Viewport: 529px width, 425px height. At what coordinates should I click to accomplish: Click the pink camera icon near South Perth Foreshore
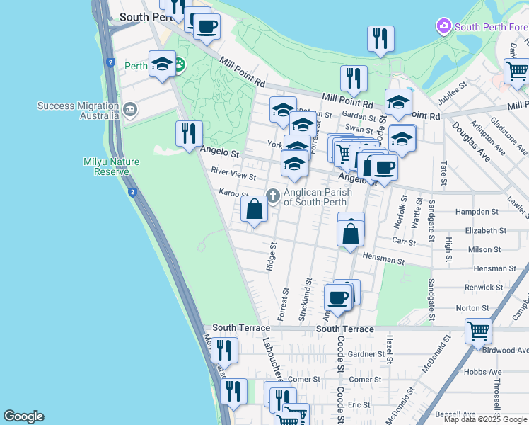(x=444, y=27)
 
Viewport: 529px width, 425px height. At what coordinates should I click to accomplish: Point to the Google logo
(x=23, y=416)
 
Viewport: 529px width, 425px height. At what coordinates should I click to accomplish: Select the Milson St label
(x=484, y=250)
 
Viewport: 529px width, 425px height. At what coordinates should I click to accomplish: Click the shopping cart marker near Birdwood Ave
(x=479, y=330)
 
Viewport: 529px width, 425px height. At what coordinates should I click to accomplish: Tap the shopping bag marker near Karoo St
(x=255, y=209)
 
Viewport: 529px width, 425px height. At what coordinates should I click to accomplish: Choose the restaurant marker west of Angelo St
(x=189, y=133)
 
